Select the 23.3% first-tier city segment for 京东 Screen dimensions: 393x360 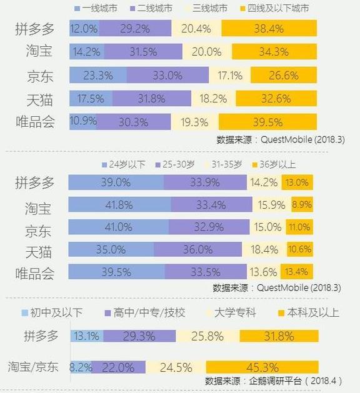(97, 76)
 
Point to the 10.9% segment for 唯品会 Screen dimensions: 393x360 (82, 122)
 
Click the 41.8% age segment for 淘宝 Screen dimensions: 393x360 (119, 204)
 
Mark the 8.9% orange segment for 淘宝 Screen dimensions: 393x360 (302, 204)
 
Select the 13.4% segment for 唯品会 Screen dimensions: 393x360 (297, 272)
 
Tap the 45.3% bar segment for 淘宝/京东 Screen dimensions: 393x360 (262, 367)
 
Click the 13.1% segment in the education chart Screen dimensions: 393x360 (86, 336)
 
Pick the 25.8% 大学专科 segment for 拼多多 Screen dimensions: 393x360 (207, 336)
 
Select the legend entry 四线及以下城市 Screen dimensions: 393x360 (277, 9)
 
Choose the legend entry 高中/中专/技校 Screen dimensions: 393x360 (145, 312)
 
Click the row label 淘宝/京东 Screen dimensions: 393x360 (32, 367)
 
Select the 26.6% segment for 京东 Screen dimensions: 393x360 (276, 76)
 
